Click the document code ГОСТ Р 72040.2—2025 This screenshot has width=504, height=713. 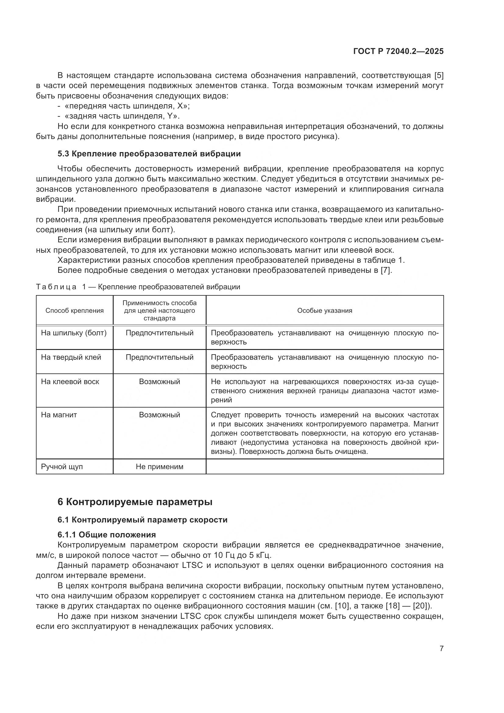pyautogui.click(x=398, y=51)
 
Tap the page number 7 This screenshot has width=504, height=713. pyautogui.click(x=441, y=648)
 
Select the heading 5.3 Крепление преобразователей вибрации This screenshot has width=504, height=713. pyautogui.click(x=149, y=154)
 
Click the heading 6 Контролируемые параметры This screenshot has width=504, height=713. pyautogui.click(x=135, y=502)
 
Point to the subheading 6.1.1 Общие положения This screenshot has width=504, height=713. pyautogui.click(x=106, y=535)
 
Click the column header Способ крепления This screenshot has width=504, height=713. pyautogui.click(x=74, y=311)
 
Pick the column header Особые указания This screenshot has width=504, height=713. pyautogui.click(x=325, y=311)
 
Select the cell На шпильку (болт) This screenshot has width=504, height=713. pyautogui.click(x=74, y=333)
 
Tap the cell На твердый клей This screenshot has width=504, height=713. pyautogui.click(x=71, y=357)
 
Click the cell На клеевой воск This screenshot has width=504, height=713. pyautogui.click(x=70, y=382)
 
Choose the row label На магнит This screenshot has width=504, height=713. pyautogui.click(x=59, y=415)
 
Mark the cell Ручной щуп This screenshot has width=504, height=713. pyautogui.click(x=62, y=467)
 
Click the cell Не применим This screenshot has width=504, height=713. pyautogui.click(x=159, y=467)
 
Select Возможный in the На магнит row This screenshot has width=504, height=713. pyautogui.click(x=159, y=415)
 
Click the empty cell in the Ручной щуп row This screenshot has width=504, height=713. pyautogui.click(x=325, y=467)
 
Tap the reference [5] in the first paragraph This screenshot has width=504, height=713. pyautogui.click(x=438, y=76)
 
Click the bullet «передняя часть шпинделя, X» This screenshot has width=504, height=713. pyautogui.click(x=127, y=106)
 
